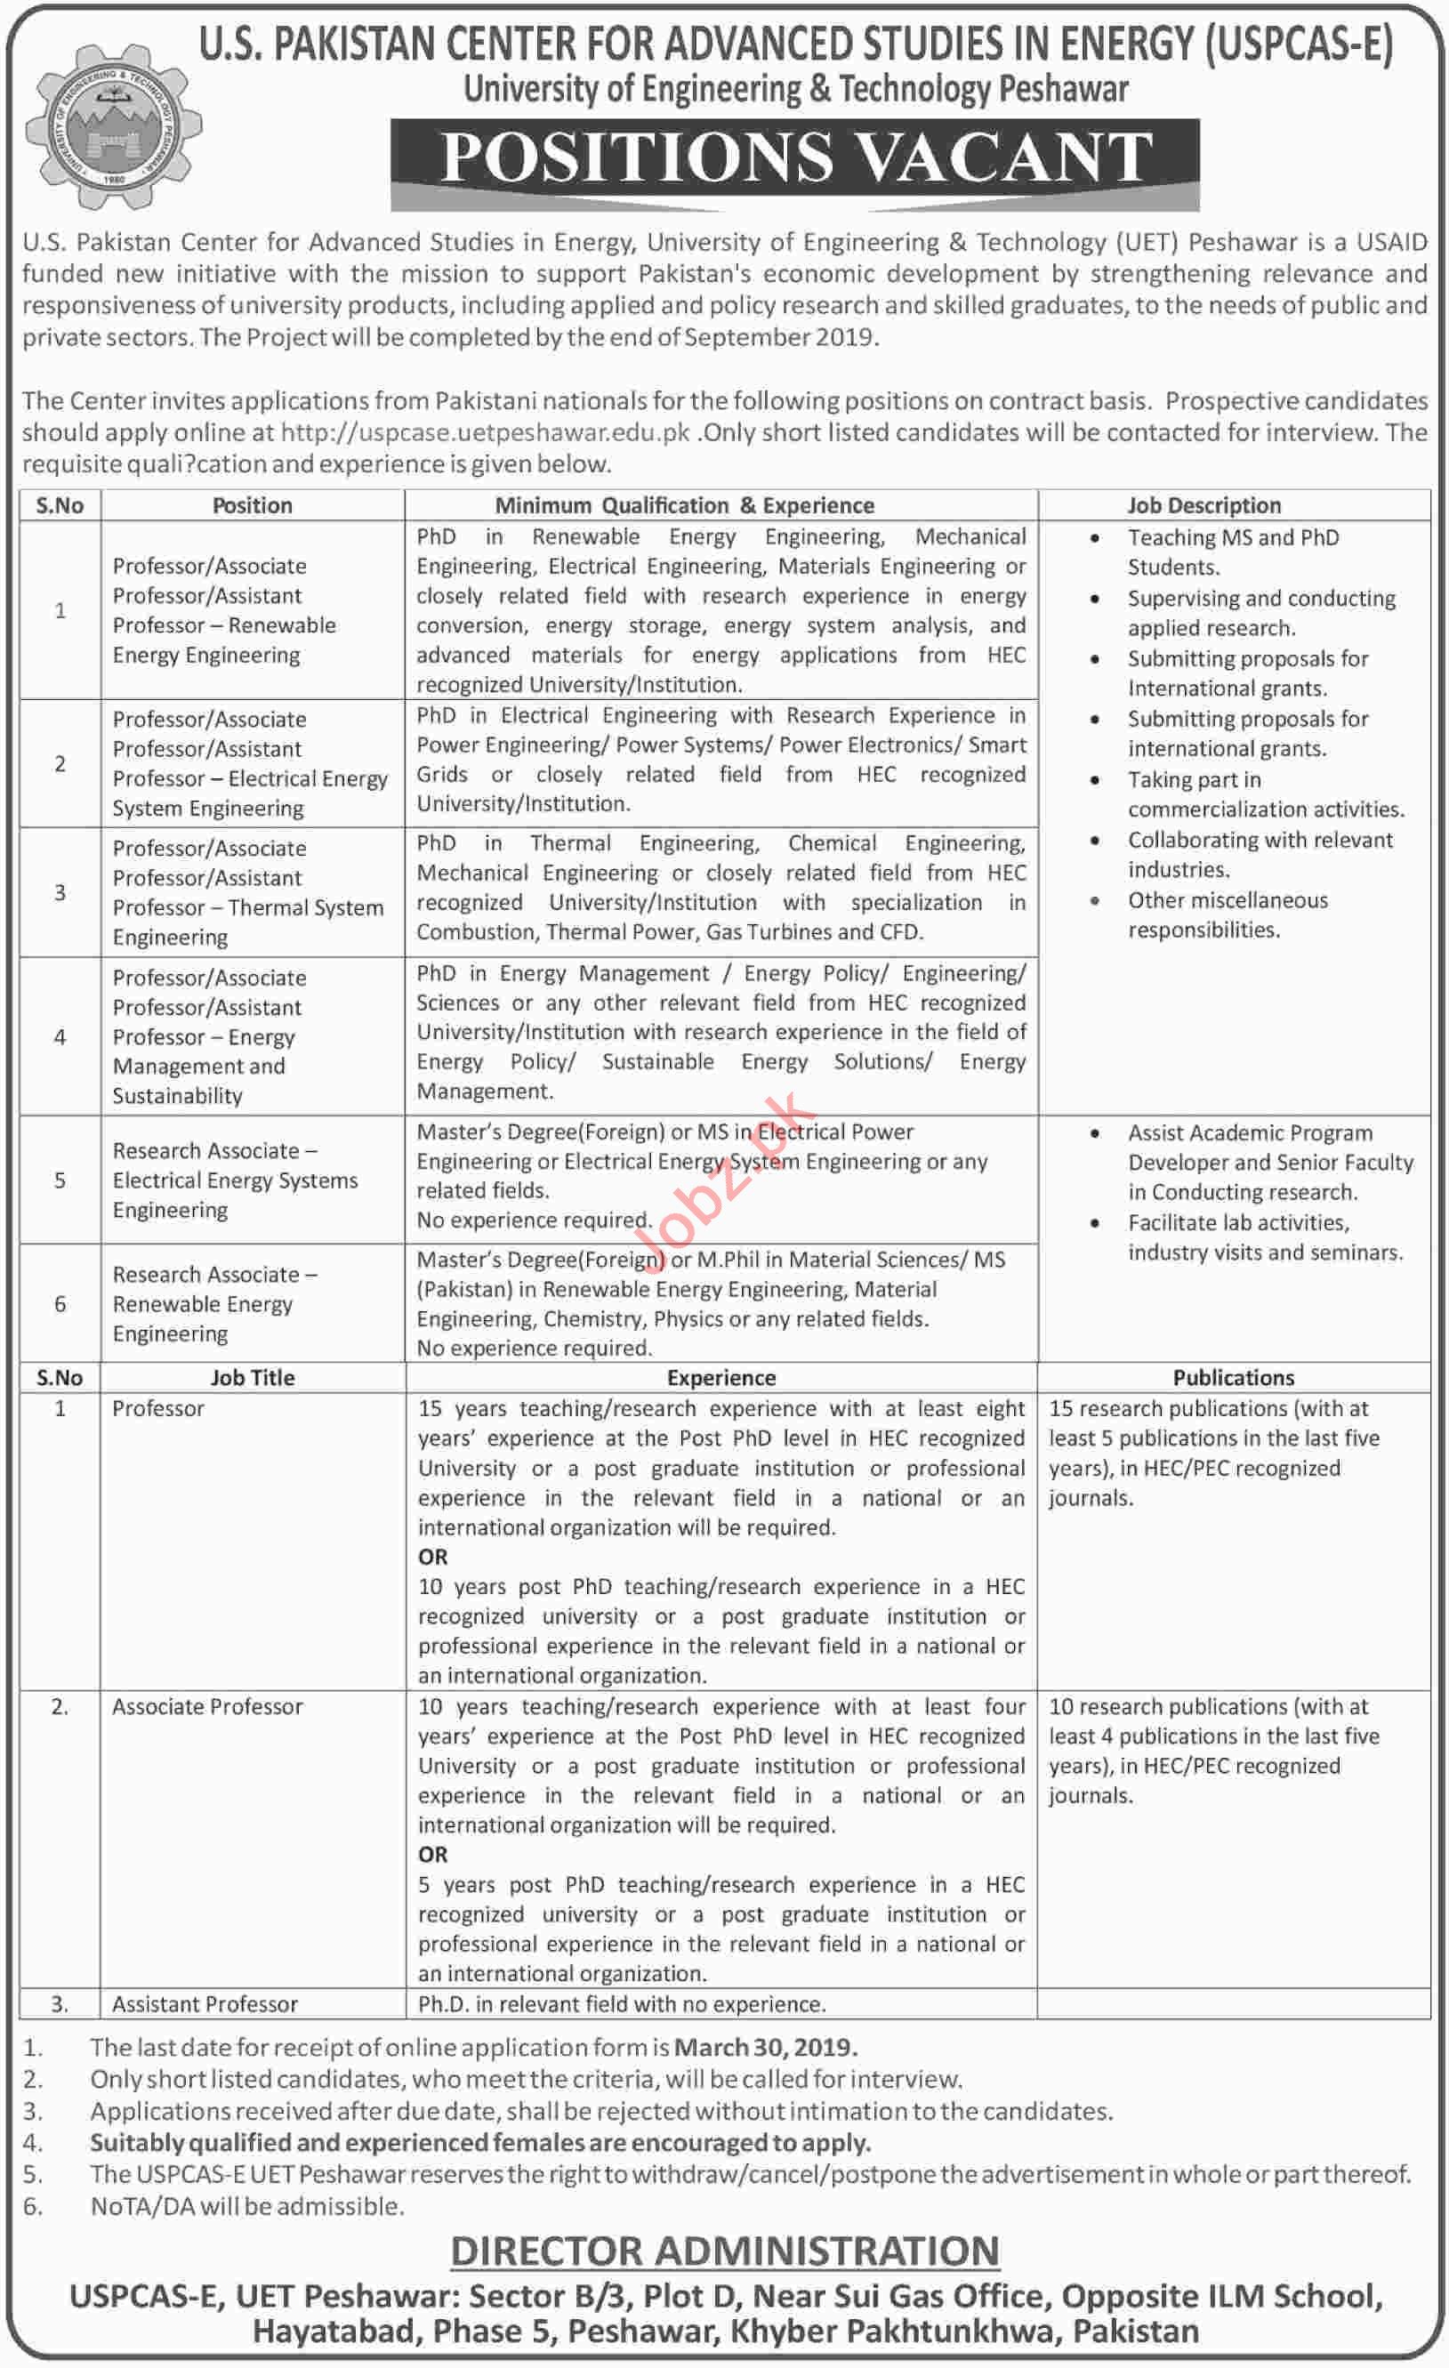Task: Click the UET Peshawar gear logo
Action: point(113,128)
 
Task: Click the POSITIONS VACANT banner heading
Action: point(794,157)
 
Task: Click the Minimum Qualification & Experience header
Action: point(684,505)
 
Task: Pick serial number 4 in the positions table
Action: point(60,1037)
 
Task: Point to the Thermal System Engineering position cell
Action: point(248,893)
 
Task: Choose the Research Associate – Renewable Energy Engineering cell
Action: point(215,1304)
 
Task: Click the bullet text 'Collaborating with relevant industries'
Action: point(1259,854)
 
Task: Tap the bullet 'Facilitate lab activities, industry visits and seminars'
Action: point(1264,1238)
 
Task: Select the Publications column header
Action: point(1233,1377)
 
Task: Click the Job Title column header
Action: point(253,1377)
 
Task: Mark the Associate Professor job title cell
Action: point(207,1707)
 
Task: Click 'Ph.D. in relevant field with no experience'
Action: point(622,2004)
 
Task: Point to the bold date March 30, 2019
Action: point(765,2048)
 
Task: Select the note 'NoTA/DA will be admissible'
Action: point(247,2205)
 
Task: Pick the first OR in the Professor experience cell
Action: point(432,1557)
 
